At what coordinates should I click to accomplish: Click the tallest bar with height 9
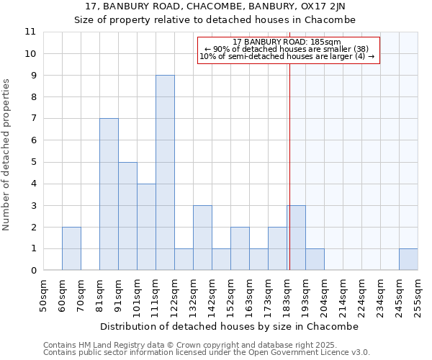pyautogui.click(x=165, y=173)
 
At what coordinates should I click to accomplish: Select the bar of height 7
pyautogui.click(x=109, y=194)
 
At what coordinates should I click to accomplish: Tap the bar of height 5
pyautogui.click(x=127, y=216)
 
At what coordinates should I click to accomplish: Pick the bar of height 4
pyautogui.click(x=146, y=227)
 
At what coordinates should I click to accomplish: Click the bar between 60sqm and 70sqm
pyautogui.click(x=71, y=248)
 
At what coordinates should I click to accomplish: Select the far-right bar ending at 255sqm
pyautogui.click(x=408, y=259)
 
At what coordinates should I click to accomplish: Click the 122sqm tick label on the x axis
pyautogui.click(x=175, y=295)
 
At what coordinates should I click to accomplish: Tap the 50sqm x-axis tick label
pyautogui.click(x=44, y=295)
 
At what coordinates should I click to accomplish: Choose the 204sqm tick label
pyautogui.click(x=325, y=295)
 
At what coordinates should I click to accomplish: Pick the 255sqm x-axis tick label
pyautogui.click(x=418, y=295)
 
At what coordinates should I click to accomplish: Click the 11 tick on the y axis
pyautogui.click(x=30, y=32)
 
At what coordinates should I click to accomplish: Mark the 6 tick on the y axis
pyautogui.click(x=33, y=140)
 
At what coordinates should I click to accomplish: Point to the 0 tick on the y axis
pyautogui.click(x=33, y=271)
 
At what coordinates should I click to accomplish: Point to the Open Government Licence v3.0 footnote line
pyautogui.click(x=207, y=353)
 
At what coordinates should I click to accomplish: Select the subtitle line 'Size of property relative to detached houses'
pyautogui.click(x=215, y=19)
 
